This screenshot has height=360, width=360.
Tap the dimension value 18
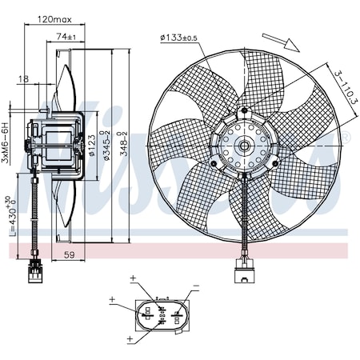(x=24, y=79)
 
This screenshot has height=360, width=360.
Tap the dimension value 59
(x=69, y=255)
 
